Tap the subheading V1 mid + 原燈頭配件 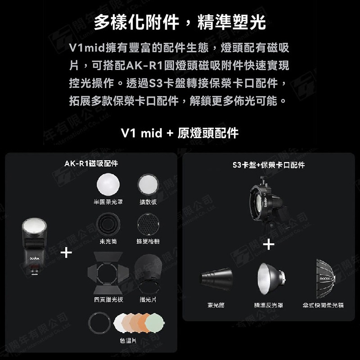pos(180,133)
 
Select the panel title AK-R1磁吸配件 pos(91,164)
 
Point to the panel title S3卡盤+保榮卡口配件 pos(269,165)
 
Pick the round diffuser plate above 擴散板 pos(148,184)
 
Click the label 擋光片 pos(148,299)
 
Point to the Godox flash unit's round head pos(35,227)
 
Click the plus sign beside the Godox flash pos(66,253)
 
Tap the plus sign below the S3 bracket pos(269,244)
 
